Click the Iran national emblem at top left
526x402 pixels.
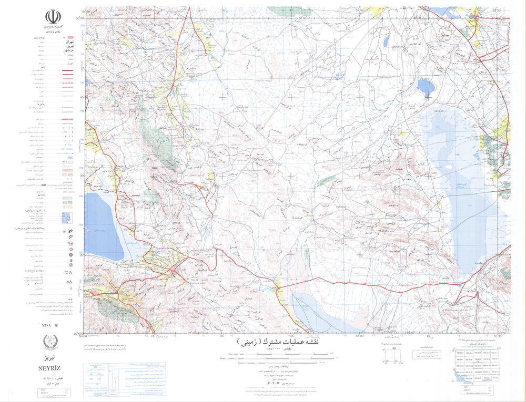[x=52, y=17]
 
